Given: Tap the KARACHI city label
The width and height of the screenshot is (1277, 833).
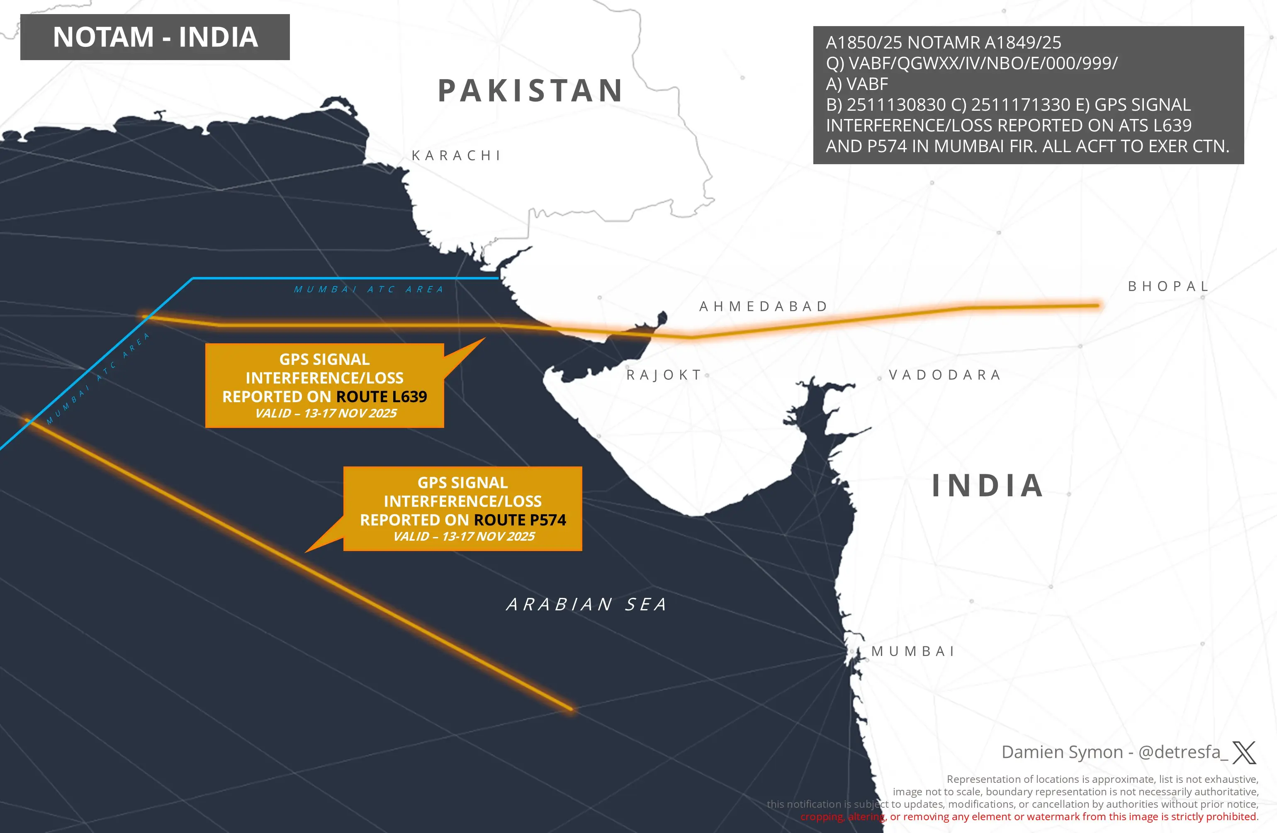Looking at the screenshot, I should tap(456, 155).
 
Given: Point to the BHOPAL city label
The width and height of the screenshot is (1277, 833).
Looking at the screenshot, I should tap(1168, 287).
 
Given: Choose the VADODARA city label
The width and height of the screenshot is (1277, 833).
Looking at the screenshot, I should tap(945, 374).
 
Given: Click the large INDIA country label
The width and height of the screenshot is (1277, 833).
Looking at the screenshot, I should tap(987, 486).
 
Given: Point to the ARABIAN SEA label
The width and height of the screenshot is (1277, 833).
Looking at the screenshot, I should tap(587, 605).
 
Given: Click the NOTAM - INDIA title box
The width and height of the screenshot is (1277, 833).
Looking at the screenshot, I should tap(155, 37).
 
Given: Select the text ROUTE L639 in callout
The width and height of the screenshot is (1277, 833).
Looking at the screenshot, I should tap(382, 396).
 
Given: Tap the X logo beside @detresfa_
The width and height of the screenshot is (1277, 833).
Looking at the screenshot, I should tap(1244, 752).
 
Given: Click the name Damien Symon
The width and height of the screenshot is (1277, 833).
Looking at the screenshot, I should tap(1062, 752).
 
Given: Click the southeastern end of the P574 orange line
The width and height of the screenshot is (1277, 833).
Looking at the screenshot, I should tap(571, 709).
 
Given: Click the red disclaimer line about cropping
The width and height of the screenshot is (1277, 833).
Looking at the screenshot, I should tap(1029, 816).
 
